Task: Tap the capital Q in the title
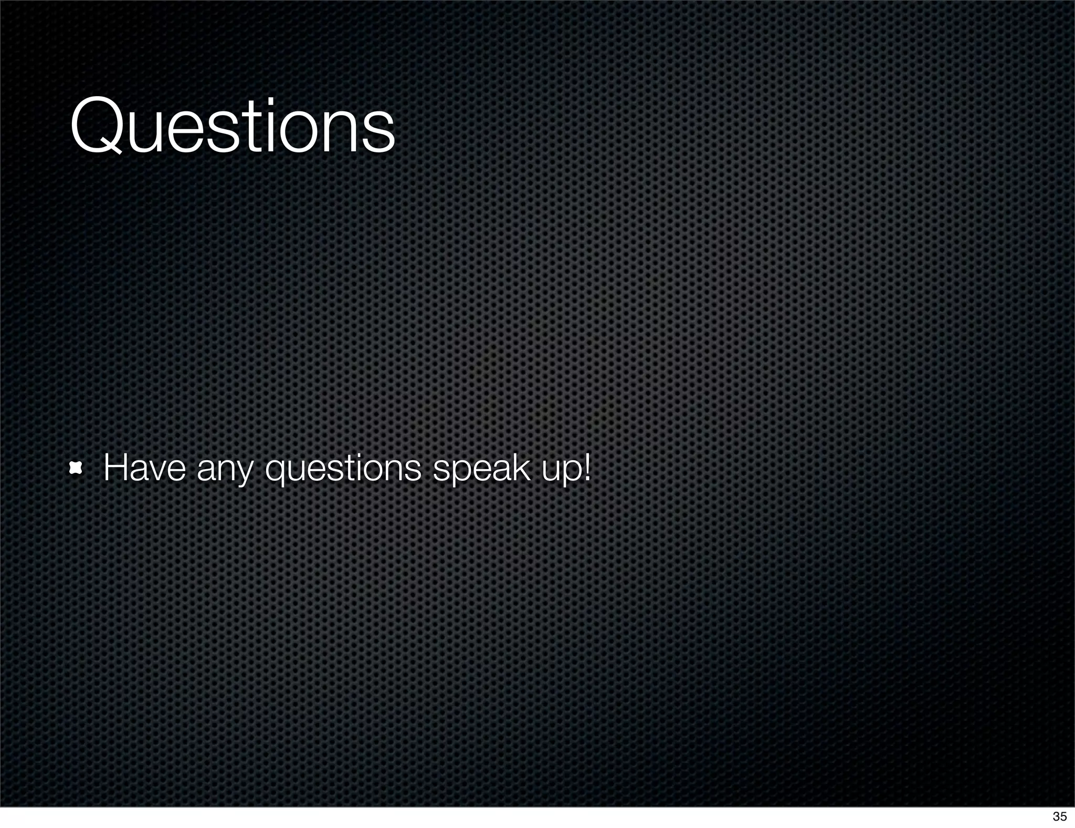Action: point(98,126)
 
